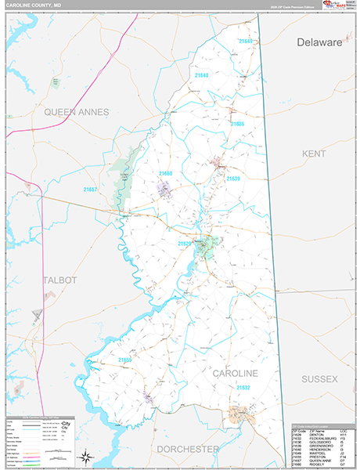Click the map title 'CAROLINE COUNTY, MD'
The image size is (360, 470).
click(x=34, y=6)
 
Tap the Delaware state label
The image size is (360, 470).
click(x=319, y=43)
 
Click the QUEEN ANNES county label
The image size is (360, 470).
click(x=76, y=112)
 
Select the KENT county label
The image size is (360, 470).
click(x=314, y=154)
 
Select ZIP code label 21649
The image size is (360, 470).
click(x=247, y=41)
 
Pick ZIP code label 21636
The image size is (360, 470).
click(x=236, y=124)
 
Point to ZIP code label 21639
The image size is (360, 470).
click(x=233, y=179)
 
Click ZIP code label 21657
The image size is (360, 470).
click(x=91, y=190)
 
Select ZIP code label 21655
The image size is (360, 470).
click(x=125, y=360)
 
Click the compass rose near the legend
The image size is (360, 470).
click(x=88, y=457)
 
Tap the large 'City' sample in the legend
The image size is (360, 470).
click(x=66, y=423)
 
